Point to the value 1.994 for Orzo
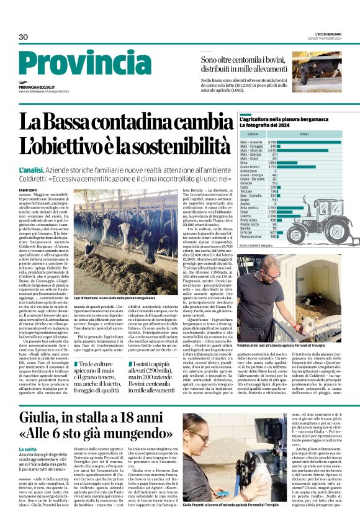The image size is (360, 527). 271,162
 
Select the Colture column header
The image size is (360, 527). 253,134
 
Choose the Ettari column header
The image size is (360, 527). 304,134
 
